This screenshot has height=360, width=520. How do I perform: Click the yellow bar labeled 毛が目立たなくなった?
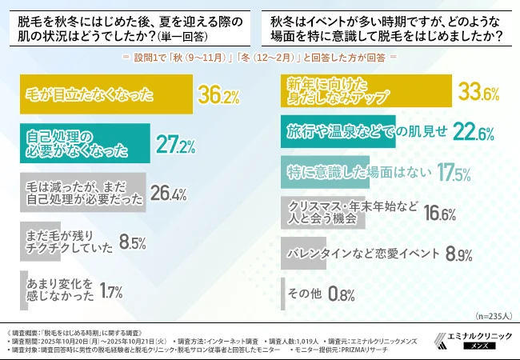[105, 95]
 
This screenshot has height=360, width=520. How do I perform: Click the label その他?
[304, 294]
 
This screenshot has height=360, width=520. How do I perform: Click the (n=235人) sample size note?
[491, 317]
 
